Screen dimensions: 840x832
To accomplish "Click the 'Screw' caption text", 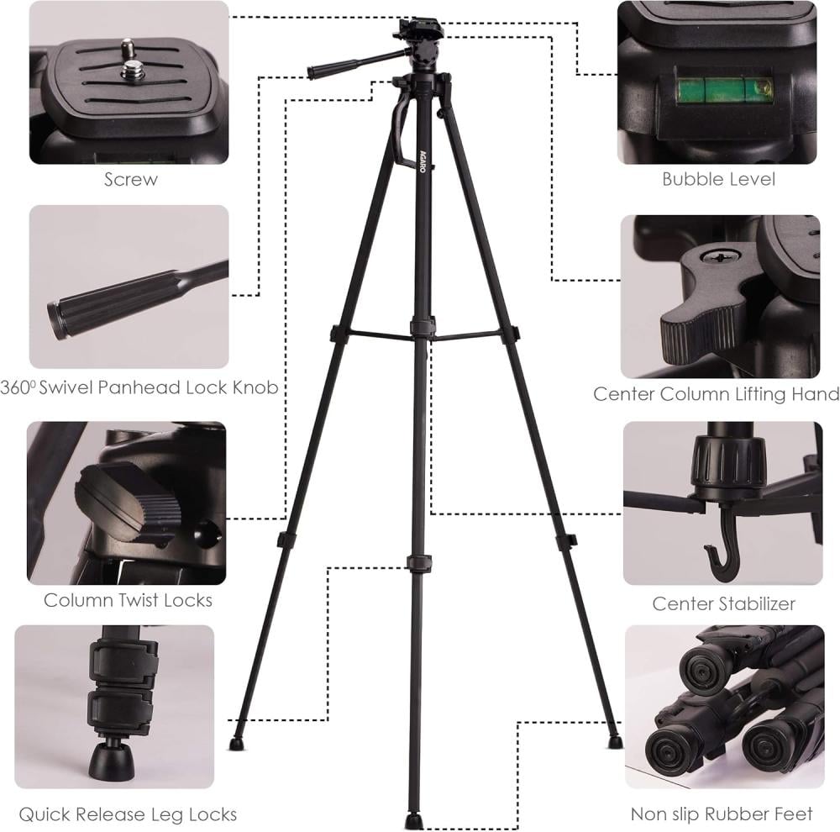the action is [x=131, y=179].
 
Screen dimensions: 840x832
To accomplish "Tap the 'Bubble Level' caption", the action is [x=718, y=179].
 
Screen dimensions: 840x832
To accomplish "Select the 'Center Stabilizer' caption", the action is [x=724, y=603].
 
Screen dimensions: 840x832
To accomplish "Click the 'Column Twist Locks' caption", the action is [x=128, y=600].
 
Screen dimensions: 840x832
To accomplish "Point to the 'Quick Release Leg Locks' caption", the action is [x=128, y=814].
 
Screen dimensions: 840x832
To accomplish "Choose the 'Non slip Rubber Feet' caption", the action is [x=722, y=814].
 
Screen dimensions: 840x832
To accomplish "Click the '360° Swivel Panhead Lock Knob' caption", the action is [x=139, y=387].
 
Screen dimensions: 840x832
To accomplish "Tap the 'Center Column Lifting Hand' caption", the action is [x=717, y=394].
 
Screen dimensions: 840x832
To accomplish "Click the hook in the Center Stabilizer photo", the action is [x=722, y=547].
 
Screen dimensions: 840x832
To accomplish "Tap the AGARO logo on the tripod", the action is [x=423, y=160].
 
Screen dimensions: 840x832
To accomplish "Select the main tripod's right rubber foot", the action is [x=616, y=741].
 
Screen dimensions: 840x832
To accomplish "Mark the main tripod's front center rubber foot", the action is [x=412, y=820].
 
